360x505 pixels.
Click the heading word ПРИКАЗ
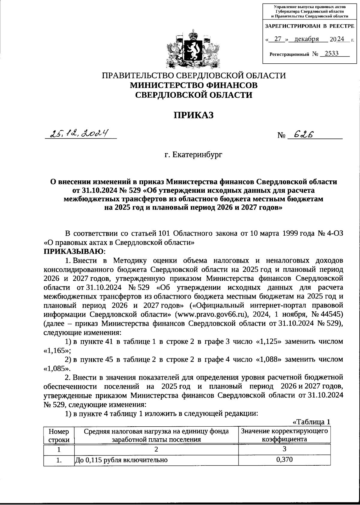click(x=194, y=115)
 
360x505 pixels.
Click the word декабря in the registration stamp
click(x=306, y=39)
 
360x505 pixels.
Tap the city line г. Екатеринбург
click(x=193, y=155)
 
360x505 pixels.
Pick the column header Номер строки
click(x=59, y=435)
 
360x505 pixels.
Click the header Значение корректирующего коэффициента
click(x=284, y=435)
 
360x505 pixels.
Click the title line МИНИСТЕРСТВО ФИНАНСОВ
click(x=193, y=85)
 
